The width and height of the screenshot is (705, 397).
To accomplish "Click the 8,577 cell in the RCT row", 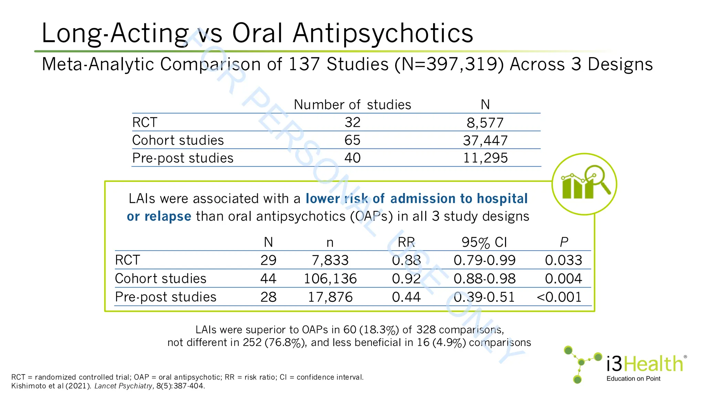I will point(485,123).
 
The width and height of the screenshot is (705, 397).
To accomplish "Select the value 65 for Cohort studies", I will point(352,140).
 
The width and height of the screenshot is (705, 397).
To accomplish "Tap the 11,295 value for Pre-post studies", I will point(485,158).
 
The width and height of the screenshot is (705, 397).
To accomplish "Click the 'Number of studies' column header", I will point(352,104).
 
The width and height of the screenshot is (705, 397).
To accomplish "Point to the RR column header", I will point(406,242).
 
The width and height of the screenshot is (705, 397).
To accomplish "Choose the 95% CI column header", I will point(484,242).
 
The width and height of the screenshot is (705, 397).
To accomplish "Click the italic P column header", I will point(564,242).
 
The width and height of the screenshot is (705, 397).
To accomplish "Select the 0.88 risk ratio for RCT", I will point(406,260).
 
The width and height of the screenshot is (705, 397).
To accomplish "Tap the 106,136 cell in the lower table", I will point(330,278).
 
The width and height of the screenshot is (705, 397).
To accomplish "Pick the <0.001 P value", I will point(559,297).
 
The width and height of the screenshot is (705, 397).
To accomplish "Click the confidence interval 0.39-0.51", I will point(484,297).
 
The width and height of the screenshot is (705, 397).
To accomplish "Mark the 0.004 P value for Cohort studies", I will point(563,278).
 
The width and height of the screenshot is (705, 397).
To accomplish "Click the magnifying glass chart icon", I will point(584,184).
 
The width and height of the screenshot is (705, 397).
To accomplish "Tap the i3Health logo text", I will point(644,364).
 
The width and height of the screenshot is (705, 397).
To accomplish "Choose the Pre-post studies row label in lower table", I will point(166,297).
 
